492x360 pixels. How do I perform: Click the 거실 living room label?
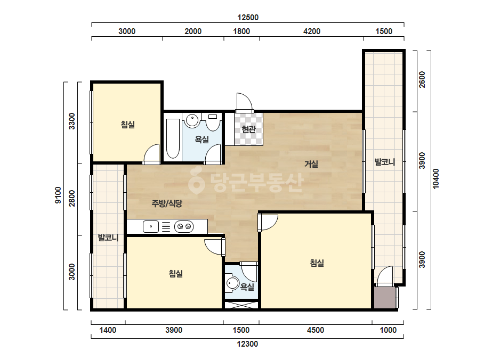coord(311,163)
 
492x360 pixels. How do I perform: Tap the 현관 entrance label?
coord(249,129)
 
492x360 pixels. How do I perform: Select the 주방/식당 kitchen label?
coord(167,203)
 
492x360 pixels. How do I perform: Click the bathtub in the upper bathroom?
coord(173,138)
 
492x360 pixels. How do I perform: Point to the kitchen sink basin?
coord(151,226)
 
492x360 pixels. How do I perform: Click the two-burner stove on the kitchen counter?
coord(184,226)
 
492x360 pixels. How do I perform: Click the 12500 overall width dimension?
coord(248,17)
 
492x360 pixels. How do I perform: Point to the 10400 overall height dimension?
coord(436,179)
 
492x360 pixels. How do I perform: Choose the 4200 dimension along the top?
coord(312,31)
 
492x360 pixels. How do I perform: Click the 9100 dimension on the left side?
coord(58,195)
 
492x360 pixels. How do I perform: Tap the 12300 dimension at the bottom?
coord(247,344)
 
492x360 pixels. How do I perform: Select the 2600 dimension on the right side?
coord(422,80)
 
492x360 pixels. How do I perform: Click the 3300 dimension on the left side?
coord(72,121)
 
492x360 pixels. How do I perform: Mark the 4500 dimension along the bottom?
coord(316,330)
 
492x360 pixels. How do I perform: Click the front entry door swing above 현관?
coord(244,102)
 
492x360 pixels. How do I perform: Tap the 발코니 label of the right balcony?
coord(385,162)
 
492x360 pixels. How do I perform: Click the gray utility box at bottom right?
coord(385,298)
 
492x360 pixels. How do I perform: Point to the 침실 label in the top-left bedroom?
coord(128,125)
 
